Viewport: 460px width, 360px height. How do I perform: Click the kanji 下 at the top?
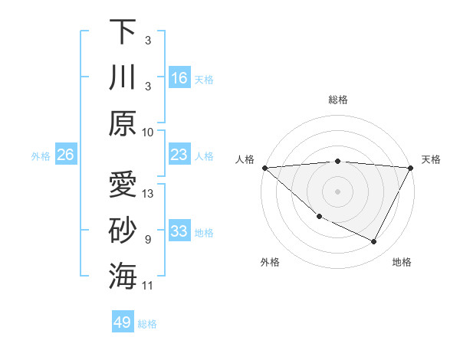(x=123, y=31)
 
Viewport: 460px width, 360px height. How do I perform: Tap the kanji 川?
(x=123, y=77)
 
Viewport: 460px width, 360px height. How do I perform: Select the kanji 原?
(x=123, y=123)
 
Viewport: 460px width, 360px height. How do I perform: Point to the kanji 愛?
(x=123, y=186)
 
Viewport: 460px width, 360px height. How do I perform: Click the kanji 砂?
(x=123, y=231)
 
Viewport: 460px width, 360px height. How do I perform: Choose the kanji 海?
(x=123, y=277)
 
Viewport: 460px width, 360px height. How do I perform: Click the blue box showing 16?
(x=179, y=77)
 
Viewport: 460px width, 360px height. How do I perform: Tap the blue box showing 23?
(x=179, y=155)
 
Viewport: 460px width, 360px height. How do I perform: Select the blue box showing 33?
(x=179, y=231)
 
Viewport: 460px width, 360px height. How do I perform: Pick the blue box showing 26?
(x=66, y=155)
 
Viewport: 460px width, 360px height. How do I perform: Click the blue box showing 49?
(x=123, y=322)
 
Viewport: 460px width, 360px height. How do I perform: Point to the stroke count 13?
(x=149, y=194)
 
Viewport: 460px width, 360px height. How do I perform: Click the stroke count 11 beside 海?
(x=149, y=286)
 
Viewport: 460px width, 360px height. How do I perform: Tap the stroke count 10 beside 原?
(x=149, y=132)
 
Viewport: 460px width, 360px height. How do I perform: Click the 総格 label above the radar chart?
(x=338, y=100)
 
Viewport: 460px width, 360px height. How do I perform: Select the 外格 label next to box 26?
(x=41, y=155)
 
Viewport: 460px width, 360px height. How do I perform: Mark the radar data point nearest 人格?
(x=264, y=168)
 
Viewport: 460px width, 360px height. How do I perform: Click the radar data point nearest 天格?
(x=411, y=169)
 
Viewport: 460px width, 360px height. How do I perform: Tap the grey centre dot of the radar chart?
(x=338, y=191)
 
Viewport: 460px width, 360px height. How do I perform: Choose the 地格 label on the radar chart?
(x=402, y=262)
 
